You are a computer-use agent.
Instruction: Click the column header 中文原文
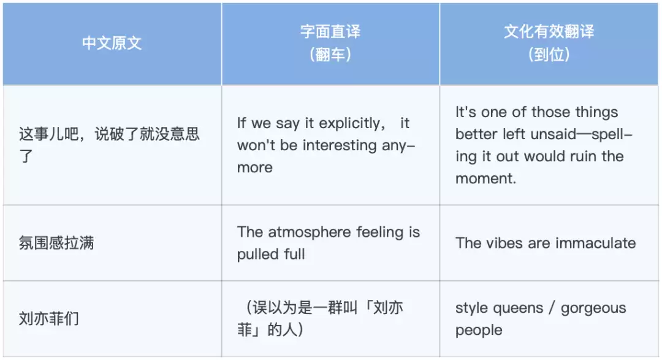(112, 43)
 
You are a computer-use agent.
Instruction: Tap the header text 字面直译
(330, 32)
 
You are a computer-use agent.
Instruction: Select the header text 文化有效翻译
(549, 32)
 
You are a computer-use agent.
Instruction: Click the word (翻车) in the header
(330, 55)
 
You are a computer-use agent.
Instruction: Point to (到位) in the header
(549, 55)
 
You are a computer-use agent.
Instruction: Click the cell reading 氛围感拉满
(56, 243)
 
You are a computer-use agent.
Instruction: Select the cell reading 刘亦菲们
(48, 318)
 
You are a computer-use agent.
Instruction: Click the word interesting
(340, 145)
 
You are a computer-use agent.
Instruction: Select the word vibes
(504, 243)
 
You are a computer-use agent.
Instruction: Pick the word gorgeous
(593, 308)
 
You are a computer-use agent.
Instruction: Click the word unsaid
(554, 134)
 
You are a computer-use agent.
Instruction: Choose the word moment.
(485, 178)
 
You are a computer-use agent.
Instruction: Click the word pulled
(257, 255)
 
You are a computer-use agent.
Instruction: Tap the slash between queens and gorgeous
(552, 308)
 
